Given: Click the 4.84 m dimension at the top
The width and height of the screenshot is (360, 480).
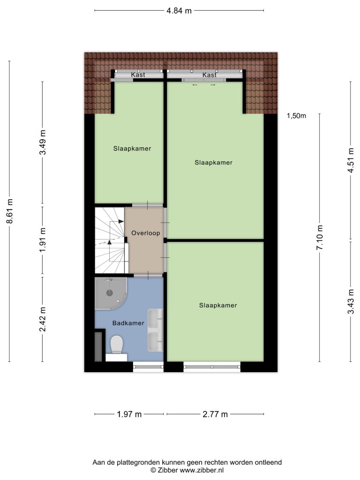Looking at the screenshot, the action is click(x=179, y=11).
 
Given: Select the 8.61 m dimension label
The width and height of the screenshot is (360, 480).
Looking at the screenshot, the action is click(x=10, y=211).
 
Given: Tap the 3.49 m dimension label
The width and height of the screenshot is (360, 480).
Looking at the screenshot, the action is click(x=43, y=142).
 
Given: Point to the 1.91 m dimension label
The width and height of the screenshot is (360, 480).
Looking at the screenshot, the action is click(x=43, y=240).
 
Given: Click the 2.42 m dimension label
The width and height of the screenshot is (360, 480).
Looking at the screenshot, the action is click(x=43, y=319).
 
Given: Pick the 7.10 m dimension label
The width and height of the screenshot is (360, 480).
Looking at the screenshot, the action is click(x=320, y=237).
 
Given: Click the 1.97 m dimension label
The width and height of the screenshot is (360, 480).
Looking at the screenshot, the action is click(x=129, y=414).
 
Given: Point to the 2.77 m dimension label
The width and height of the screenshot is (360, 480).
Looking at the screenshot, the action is click(x=215, y=414).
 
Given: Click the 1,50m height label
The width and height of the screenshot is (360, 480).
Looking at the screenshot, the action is click(x=296, y=116).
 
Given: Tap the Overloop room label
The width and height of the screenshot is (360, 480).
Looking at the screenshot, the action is click(x=146, y=233).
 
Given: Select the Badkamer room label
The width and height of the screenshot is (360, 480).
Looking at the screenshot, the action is click(x=128, y=323).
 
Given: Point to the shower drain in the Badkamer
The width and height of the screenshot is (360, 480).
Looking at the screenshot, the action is click(x=110, y=292).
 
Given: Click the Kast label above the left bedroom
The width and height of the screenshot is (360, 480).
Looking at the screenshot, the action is click(x=138, y=75).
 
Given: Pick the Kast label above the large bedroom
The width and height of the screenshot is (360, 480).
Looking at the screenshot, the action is click(x=210, y=75).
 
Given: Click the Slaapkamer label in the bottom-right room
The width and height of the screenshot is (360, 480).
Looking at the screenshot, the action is click(x=218, y=305).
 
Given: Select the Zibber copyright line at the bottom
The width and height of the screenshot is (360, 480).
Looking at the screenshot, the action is click(x=187, y=470).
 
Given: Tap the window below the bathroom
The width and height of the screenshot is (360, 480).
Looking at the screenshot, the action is click(x=148, y=367).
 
